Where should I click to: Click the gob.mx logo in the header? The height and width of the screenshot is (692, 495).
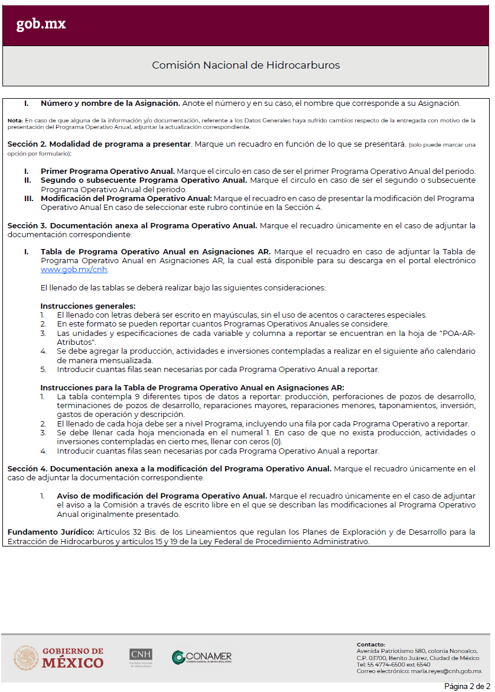pyautogui.click(x=41, y=24)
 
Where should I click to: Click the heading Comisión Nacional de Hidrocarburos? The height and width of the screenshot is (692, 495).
pyautogui.click(x=246, y=65)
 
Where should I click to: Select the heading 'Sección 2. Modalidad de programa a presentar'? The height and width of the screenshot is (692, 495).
pyautogui.click(x=99, y=144)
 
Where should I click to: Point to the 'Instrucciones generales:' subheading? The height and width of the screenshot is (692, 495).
pyautogui.click(x=88, y=306)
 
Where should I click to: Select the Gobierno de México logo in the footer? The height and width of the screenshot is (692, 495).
pyautogui.click(x=58, y=658)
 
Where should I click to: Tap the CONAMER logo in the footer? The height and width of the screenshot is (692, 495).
pyautogui.click(x=201, y=657)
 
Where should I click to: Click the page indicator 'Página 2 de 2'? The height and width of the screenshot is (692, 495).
pyautogui.click(x=467, y=686)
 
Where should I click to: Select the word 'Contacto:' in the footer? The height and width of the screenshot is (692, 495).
pyautogui.click(x=371, y=645)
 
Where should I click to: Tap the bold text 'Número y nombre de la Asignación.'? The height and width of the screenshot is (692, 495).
pyautogui.click(x=110, y=103)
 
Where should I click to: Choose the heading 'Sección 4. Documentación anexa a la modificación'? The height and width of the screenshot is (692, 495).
pyautogui.click(x=170, y=469)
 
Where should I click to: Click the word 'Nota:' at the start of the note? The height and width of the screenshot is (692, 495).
pyautogui.click(x=15, y=120)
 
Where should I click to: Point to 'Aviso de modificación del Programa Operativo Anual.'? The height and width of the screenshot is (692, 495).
pyautogui.click(x=162, y=496)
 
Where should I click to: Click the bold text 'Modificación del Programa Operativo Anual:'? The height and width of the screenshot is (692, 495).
pyautogui.click(x=126, y=199)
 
